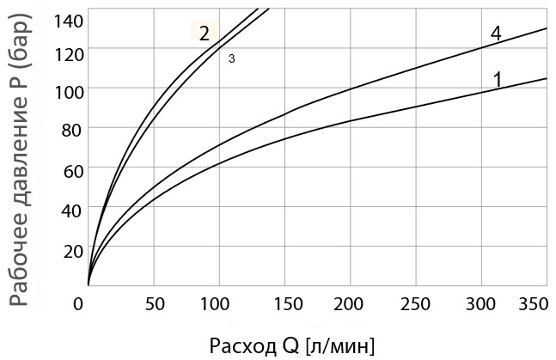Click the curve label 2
(x=205, y=34)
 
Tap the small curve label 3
(x=231, y=58)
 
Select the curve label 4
(x=495, y=34)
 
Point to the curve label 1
(x=497, y=79)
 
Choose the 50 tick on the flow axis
(x=154, y=303)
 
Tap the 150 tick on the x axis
(x=284, y=303)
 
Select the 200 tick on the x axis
(x=351, y=303)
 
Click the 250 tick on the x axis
(x=416, y=303)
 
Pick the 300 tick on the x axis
(x=481, y=303)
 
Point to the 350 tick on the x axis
(x=534, y=303)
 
